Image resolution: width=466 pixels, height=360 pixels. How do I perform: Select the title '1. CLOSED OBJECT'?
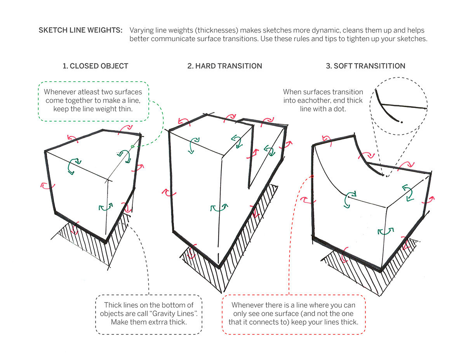tap(95, 66)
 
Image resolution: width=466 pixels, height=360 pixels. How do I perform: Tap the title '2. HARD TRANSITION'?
tap(224, 66)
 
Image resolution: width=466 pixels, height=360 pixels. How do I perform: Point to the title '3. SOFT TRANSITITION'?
tap(365, 66)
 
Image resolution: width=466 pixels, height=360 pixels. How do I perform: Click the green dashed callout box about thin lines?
tap(93, 101)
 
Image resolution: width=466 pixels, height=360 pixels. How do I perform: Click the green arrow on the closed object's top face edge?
tap(73, 165)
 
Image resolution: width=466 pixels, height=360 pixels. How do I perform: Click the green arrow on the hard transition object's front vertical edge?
tap(219, 208)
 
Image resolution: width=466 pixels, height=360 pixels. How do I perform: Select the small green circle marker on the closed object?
tap(132, 146)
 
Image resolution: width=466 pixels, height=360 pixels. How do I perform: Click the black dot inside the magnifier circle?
tap(402, 122)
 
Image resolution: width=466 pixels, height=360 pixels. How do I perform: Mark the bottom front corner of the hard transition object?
tap(219, 268)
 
